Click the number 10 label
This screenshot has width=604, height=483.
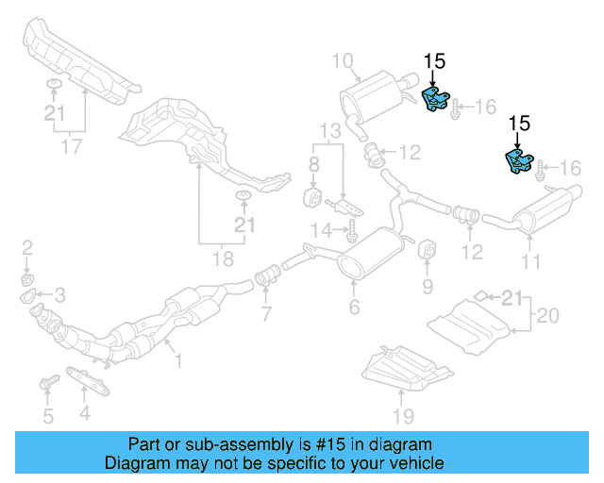[342, 62]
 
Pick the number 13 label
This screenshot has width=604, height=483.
[327, 129]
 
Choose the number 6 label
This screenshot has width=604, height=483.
[354, 306]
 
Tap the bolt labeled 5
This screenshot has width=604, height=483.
[46, 383]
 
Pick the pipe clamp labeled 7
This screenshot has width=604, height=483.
[266, 277]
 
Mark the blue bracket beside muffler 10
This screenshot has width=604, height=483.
[435, 100]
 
